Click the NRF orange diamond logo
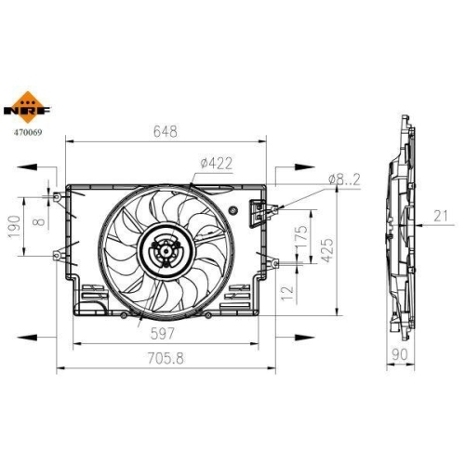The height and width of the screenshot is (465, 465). pos(27,107)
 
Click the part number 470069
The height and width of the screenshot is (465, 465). pos(27,133)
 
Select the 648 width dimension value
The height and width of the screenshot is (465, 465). pos(166,131)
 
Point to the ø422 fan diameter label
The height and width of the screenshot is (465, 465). pos(216,164)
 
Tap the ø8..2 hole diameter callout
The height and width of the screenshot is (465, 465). pos(344,179)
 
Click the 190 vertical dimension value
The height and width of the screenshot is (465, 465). pos(14,227)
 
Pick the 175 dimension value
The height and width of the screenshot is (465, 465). pos(301,237)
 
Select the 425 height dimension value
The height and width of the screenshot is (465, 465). pos(327,250)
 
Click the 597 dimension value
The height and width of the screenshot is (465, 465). pos(163,334)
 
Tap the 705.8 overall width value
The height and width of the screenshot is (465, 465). pos(166,358)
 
